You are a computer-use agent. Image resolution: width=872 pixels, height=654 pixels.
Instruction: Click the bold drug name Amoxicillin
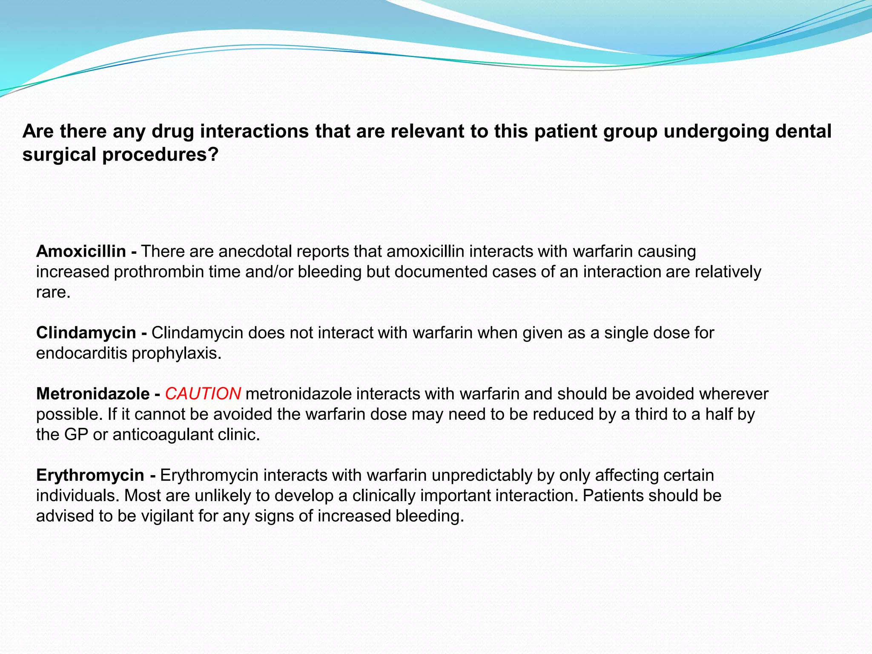pos(81,252)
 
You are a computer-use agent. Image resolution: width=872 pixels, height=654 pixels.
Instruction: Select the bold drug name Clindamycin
pos(86,333)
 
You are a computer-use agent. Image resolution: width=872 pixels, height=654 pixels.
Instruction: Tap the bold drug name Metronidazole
pos(93,394)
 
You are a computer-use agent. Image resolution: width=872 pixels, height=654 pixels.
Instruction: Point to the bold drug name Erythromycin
pos(90,475)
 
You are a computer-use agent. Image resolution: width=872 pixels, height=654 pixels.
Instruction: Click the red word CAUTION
pos(203,394)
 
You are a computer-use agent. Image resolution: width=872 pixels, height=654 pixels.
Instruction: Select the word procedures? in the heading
pos(161,155)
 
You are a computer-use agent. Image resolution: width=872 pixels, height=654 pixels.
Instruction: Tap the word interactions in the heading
pos(255,131)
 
